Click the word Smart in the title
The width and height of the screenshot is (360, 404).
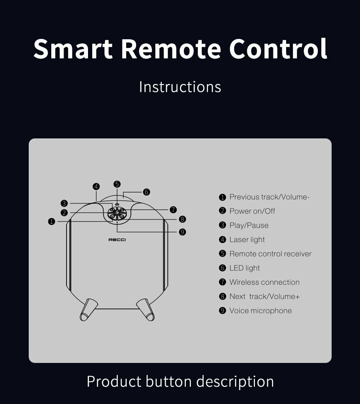click(73, 49)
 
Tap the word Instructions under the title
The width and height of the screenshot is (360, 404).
click(180, 87)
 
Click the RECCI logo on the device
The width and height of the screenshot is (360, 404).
click(117, 240)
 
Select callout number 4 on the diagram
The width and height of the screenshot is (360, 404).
click(96, 187)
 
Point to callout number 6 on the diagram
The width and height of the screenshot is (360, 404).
click(146, 192)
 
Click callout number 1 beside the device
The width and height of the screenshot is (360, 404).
click(52, 221)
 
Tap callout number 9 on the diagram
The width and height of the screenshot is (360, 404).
click(182, 232)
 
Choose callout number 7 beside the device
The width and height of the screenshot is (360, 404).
click(173, 210)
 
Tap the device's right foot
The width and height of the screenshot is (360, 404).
click(146, 310)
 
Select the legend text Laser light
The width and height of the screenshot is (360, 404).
click(247, 240)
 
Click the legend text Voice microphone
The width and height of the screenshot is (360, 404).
click(260, 311)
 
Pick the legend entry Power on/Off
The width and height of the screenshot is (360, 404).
click(252, 211)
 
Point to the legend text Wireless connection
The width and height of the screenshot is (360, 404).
click(264, 282)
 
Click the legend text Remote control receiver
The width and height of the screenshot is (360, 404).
click(270, 254)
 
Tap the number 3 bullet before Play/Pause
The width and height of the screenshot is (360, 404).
click(223, 225)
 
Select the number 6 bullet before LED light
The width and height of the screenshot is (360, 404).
click(223, 268)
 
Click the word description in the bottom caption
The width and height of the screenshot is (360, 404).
click(235, 382)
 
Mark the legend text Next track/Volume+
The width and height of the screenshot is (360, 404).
click(264, 296)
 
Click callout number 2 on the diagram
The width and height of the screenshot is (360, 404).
click(64, 213)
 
